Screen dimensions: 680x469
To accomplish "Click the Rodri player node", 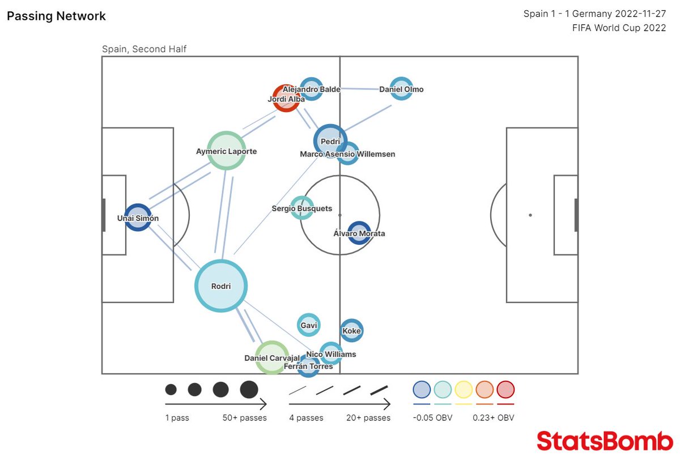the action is tap(221, 286).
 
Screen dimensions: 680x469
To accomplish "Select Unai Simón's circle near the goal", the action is tap(138, 218).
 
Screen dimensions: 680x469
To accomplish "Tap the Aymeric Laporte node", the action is tap(226, 151).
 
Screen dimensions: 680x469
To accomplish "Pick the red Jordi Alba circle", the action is tap(286, 99).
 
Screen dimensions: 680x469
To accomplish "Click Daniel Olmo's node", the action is tap(401, 89).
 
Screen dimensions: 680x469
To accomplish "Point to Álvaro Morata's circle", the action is tap(359, 233).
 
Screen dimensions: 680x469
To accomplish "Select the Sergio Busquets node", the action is tap(301, 208).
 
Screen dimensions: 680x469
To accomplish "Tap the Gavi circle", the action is tap(309, 325).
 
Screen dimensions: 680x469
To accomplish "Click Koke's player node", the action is tap(351, 331).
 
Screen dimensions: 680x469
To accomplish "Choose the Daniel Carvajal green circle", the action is tap(272, 357).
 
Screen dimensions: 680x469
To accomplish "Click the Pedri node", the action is tap(330, 141).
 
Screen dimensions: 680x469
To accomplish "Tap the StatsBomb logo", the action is tap(605, 441).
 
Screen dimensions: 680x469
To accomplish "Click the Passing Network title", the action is tap(56, 16).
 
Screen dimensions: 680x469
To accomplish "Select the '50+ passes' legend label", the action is tap(244, 418).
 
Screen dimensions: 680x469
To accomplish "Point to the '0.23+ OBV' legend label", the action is tap(494, 418).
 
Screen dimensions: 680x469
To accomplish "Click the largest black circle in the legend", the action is tap(249, 390).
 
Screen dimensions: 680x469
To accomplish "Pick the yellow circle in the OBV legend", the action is tap(464, 390).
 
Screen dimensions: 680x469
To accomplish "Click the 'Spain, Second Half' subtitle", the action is tap(144, 49).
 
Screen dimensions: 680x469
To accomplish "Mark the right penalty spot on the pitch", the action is tap(530, 215).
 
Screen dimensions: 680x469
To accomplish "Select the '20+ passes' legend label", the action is tap(368, 418).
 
